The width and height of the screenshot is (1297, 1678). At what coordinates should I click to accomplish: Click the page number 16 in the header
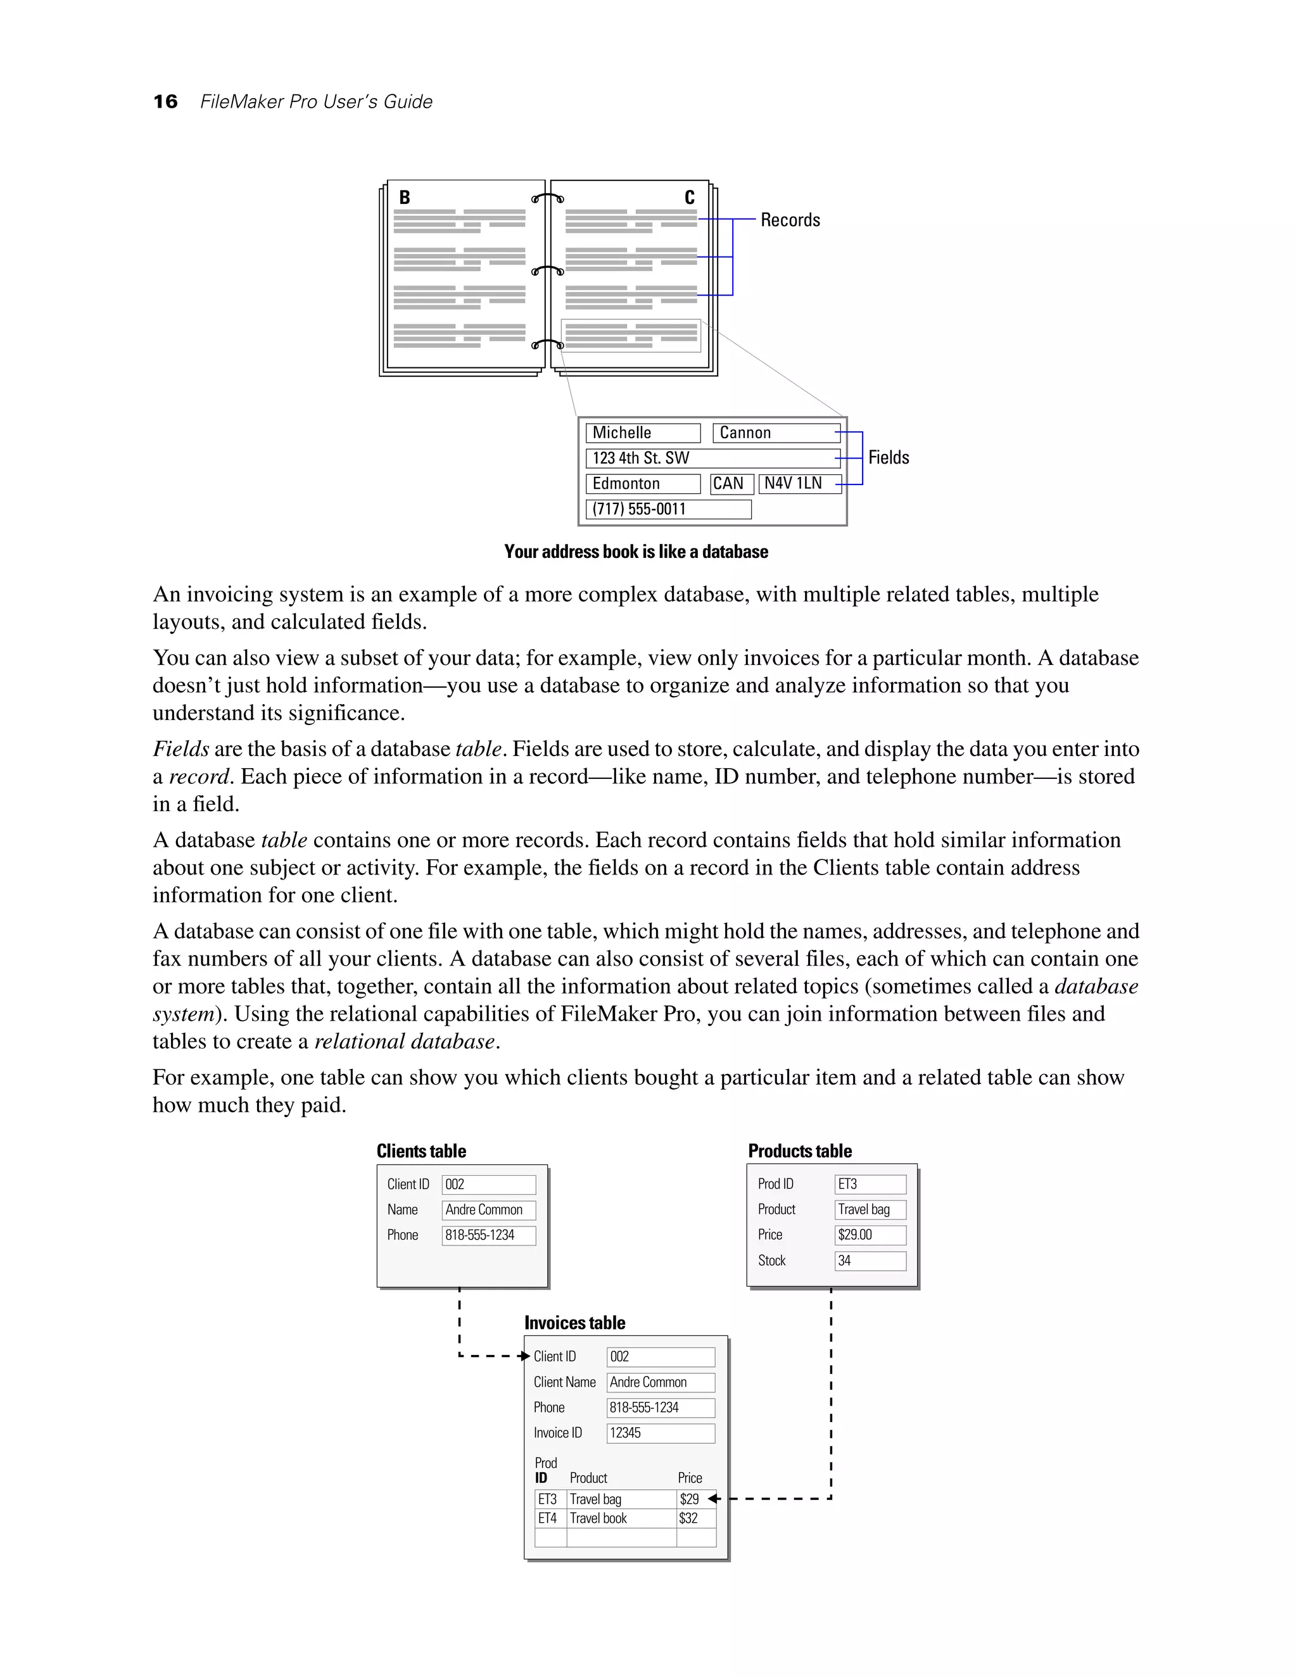[165, 101]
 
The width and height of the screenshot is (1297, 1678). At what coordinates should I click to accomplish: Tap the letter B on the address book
[404, 198]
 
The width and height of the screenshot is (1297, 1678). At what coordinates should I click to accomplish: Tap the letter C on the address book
[689, 198]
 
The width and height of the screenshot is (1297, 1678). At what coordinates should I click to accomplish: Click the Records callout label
[790, 220]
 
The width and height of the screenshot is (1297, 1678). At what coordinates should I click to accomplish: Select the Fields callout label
[889, 458]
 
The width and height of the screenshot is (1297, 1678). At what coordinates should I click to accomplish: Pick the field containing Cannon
[776, 433]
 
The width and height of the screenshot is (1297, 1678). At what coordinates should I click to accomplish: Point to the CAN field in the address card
[731, 484]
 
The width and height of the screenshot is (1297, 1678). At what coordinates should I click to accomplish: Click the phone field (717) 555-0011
[667, 509]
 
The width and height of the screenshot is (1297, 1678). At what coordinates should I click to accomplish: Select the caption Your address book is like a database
[635, 552]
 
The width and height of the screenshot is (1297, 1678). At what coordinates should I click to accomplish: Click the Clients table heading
[421, 1151]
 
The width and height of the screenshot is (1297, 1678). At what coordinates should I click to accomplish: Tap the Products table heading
[800, 1151]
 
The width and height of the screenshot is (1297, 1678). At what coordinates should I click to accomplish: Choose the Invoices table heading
[575, 1323]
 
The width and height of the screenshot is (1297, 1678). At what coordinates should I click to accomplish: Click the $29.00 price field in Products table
[870, 1235]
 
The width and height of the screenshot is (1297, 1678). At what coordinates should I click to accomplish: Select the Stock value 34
[870, 1261]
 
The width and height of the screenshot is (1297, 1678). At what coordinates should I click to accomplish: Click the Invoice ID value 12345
[660, 1433]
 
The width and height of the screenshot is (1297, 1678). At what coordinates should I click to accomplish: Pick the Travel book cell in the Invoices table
[621, 1518]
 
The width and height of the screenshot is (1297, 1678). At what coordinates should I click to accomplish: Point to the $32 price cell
[695, 1518]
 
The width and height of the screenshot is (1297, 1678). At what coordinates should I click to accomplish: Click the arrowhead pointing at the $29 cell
[712, 1498]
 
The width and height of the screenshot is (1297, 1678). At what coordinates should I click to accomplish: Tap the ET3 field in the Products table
[870, 1184]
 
